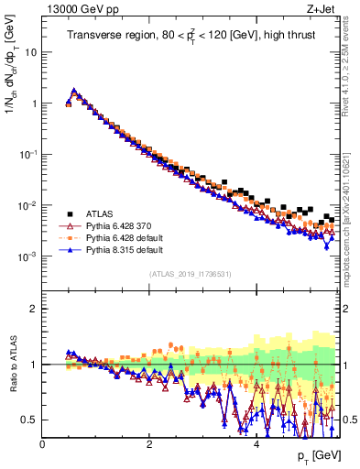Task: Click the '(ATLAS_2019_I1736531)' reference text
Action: click(190, 274)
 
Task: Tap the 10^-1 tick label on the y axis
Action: click(27, 155)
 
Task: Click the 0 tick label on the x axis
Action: click(42, 444)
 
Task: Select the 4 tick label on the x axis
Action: click(256, 444)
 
